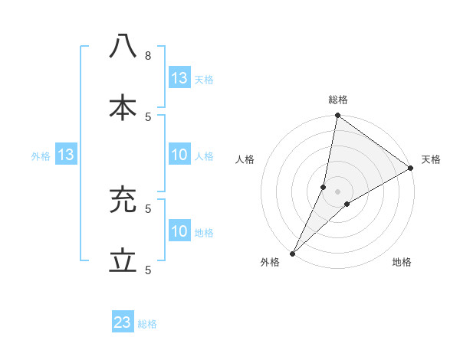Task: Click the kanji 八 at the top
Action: click(123, 47)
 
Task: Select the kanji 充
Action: click(123, 201)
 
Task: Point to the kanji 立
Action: click(123, 261)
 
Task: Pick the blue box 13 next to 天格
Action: click(179, 78)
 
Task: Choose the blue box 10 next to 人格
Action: click(179, 155)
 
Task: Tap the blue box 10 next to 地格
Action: click(179, 231)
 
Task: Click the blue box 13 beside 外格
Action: click(65, 155)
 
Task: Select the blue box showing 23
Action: click(123, 322)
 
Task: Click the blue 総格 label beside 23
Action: click(147, 324)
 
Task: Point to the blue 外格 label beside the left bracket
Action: click(41, 156)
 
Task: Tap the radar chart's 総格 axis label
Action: click(338, 100)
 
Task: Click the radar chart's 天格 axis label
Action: click(431, 159)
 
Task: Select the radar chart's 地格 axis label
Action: click(402, 262)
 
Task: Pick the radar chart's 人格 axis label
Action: click(245, 159)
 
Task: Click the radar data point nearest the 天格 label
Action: click(411, 169)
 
